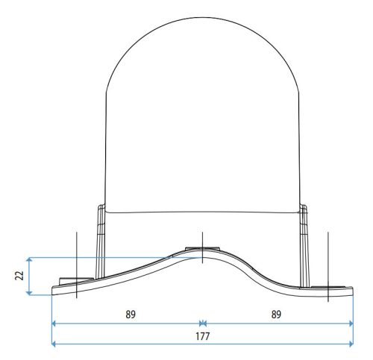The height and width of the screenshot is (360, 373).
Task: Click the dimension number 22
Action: click(19, 275)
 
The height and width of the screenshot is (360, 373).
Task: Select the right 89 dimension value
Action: click(275, 315)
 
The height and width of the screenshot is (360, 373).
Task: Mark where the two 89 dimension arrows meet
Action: click(203, 324)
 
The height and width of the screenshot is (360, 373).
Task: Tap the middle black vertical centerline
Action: click(202, 246)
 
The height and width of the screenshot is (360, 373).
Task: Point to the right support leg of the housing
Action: click(304, 239)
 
